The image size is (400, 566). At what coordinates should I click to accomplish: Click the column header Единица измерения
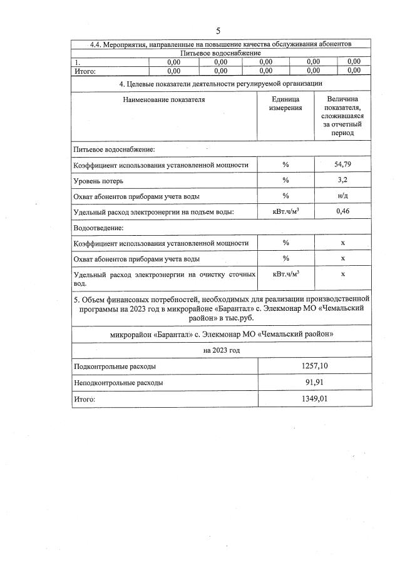285,104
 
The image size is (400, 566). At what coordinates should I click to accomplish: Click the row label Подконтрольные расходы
115,366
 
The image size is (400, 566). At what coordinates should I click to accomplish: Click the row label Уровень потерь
98,181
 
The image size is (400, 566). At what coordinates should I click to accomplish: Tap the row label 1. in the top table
77,62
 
